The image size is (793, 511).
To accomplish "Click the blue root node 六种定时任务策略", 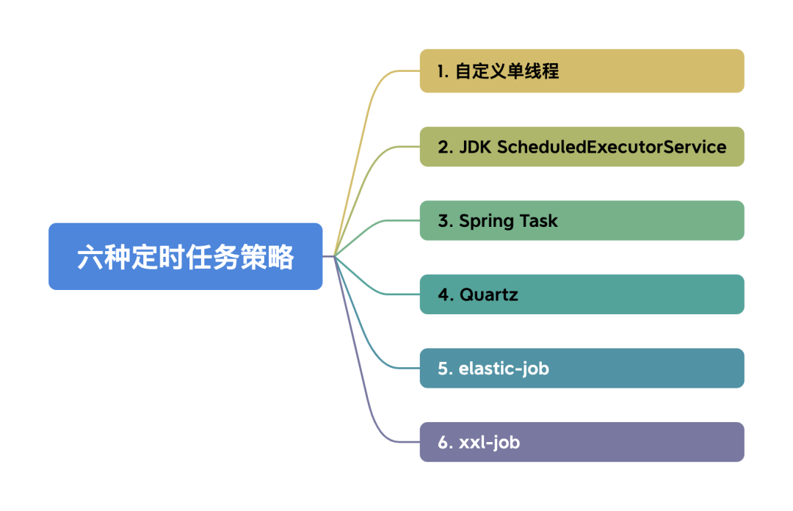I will tap(185, 256).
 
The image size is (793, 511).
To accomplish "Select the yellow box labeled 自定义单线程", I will tap(582, 70).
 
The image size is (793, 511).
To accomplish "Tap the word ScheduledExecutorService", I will tap(612, 147).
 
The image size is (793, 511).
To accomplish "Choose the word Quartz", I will tap(488, 294).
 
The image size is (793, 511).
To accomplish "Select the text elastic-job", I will tap(504, 368).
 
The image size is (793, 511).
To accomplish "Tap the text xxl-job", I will tap(490, 442).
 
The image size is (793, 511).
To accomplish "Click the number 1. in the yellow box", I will tap(443, 71).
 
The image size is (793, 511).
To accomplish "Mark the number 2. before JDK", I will tap(445, 147).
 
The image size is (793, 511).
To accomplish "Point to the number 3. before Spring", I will tap(445, 221).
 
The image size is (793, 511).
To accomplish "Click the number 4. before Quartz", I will tap(445, 294).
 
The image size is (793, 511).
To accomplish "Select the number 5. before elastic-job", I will tap(445, 368).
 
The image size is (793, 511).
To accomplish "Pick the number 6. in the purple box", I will tap(445, 442).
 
